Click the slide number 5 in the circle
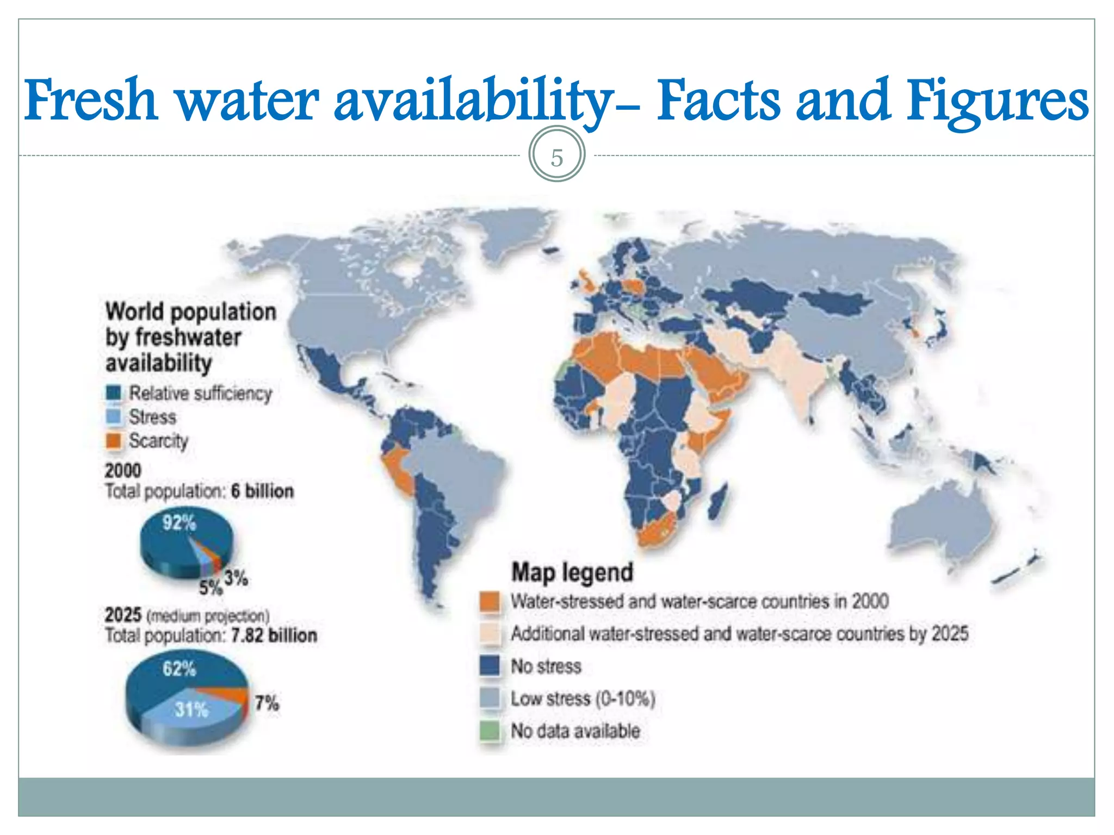point(556,158)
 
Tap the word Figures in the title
point(998,101)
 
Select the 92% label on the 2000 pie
point(179,523)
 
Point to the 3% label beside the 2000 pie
point(237,577)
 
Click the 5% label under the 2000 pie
point(211,588)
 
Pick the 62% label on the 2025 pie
point(179,668)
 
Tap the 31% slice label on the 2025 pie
point(191,709)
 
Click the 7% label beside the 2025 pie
point(267,703)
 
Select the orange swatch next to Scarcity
point(114,441)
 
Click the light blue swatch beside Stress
point(114,417)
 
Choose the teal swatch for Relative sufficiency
point(114,393)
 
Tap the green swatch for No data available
point(490,731)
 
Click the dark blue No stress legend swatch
point(490,666)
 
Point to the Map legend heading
point(572,572)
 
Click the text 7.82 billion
point(274,635)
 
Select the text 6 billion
point(262,491)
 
